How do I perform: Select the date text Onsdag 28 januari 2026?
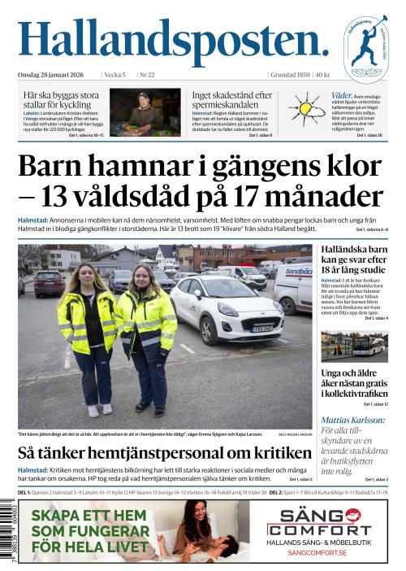coord(57,75)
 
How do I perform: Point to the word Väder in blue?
coord(342,95)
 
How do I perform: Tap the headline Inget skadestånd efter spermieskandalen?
coord(231,100)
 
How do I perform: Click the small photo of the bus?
coord(354,346)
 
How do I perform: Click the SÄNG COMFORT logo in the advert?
coord(319,522)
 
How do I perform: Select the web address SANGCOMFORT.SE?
coord(319,552)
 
